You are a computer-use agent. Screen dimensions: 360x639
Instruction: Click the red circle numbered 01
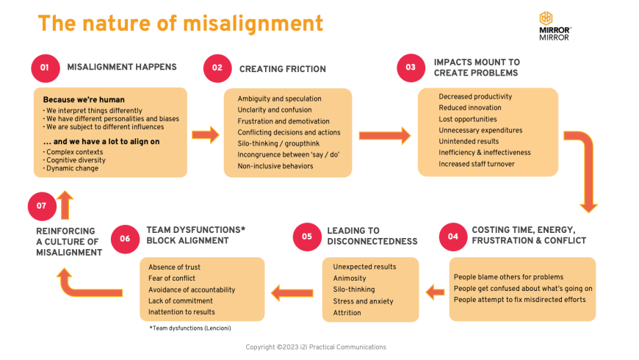pyautogui.click(x=45, y=68)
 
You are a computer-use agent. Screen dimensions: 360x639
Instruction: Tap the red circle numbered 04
pyautogui.click(x=453, y=237)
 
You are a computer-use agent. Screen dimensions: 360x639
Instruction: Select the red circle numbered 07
pyautogui.click(x=42, y=206)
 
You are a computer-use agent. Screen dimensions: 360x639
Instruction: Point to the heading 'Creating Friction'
pyautogui.click(x=282, y=69)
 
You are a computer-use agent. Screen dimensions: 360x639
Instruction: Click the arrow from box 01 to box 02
pyautogui.click(x=206, y=134)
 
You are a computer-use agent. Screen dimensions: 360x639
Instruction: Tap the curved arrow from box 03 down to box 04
pyautogui.click(x=585, y=169)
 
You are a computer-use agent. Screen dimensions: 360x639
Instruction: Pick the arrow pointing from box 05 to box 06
pyautogui.click(x=292, y=293)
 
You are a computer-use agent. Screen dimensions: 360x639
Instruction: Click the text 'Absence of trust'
pyautogui.click(x=174, y=267)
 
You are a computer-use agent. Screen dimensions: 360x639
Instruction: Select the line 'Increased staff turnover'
pyautogui.click(x=477, y=164)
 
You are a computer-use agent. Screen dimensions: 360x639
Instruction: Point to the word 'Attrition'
pyautogui.click(x=347, y=313)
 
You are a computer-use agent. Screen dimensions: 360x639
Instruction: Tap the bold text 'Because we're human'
pyautogui.click(x=83, y=99)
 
